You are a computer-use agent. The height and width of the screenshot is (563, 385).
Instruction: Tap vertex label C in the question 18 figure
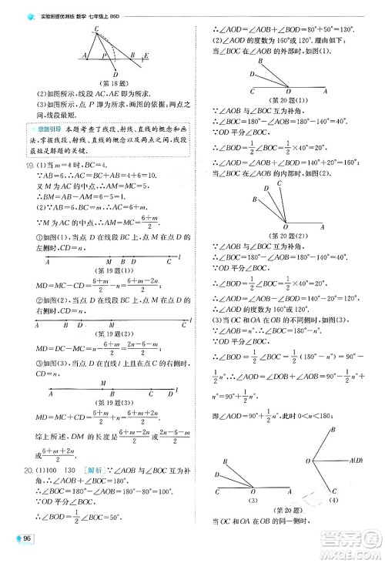(96, 29)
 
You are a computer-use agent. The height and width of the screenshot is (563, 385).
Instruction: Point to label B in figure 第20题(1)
(251, 74)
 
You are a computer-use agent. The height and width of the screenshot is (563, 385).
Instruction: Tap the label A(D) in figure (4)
(357, 460)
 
